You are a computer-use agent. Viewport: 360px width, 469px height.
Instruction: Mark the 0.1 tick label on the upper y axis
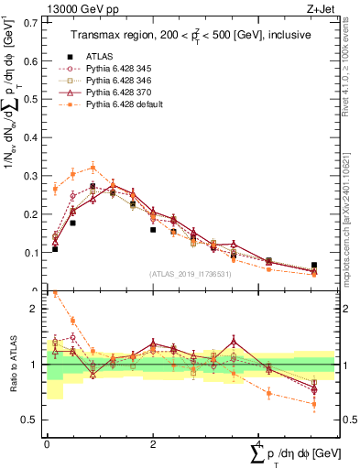[31, 252]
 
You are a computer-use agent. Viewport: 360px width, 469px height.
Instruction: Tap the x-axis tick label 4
[259, 442]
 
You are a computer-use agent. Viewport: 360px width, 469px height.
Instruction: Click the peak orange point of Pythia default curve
[93, 167]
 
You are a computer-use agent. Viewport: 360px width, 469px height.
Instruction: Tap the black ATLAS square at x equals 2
[153, 229]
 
